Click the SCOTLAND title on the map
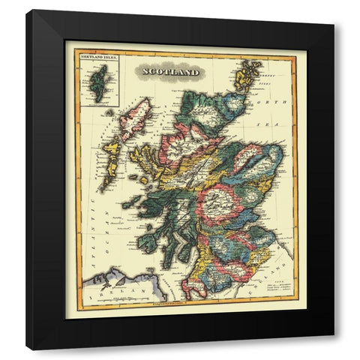167,73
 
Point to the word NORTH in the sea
271,103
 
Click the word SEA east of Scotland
277,122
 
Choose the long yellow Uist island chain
113,154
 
